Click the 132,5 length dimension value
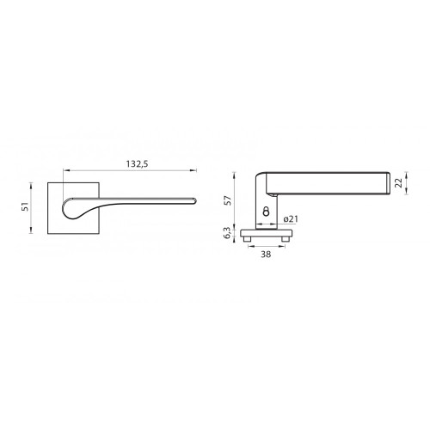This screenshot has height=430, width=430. click(137, 164)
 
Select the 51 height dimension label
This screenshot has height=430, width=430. click(26, 206)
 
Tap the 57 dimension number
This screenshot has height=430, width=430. click(228, 200)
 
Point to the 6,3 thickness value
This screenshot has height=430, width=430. click(227, 233)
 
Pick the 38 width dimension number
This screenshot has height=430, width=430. click(266, 255)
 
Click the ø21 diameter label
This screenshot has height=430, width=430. click(291, 219)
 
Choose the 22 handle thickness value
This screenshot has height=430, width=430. click(399, 182)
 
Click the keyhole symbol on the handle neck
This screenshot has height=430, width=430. click(267, 212)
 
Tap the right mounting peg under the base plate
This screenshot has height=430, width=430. click(285, 239)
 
